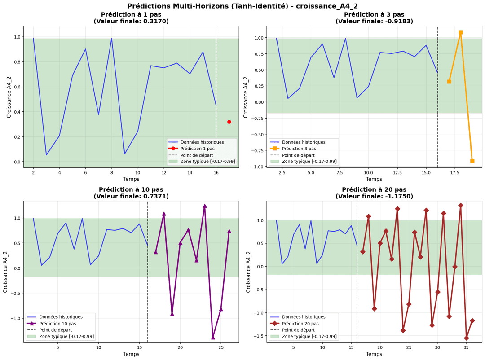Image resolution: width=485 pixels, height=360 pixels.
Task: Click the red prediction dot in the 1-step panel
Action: (x=229, y=122)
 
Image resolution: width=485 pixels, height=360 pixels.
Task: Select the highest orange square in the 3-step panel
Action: (x=460, y=32)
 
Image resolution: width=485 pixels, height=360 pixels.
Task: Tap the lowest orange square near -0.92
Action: (x=472, y=161)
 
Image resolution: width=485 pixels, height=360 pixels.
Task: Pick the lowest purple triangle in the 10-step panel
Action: (x=213, y=337)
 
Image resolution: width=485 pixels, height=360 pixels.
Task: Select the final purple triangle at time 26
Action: (x=229, y=231)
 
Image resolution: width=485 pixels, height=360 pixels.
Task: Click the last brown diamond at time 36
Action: (x=472, y=320)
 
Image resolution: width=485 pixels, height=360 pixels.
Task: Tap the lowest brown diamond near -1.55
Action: (x=466, y=338)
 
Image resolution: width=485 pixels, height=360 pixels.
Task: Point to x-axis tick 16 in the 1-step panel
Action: (x=216, y=173)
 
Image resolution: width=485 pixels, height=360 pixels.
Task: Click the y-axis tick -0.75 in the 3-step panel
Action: (x=257, y=150)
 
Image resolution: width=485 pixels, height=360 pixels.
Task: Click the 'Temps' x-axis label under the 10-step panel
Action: (x=131, y=354)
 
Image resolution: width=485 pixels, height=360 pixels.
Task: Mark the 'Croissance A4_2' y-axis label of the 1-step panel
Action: (x=9, y=97)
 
